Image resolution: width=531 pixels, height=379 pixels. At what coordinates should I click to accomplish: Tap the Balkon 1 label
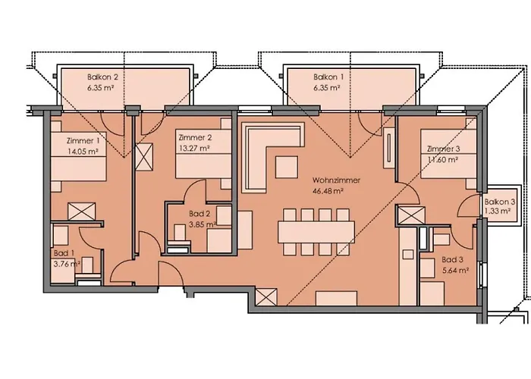pos(329,77)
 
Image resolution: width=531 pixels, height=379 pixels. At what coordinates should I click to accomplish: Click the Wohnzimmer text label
pos(335,181)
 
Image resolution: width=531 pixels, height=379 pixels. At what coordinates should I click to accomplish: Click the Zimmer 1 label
pos(83,141)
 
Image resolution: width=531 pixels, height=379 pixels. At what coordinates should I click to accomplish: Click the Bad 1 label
pos(64,252)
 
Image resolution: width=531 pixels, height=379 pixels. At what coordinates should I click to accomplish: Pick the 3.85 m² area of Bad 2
pos(203,224)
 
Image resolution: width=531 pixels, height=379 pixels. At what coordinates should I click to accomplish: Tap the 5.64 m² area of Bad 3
pos(454,268)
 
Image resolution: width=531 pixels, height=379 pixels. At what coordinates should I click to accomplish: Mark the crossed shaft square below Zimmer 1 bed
pos(80,211)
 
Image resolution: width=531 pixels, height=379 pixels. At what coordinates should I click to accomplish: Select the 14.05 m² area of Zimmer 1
pos(83,152)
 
